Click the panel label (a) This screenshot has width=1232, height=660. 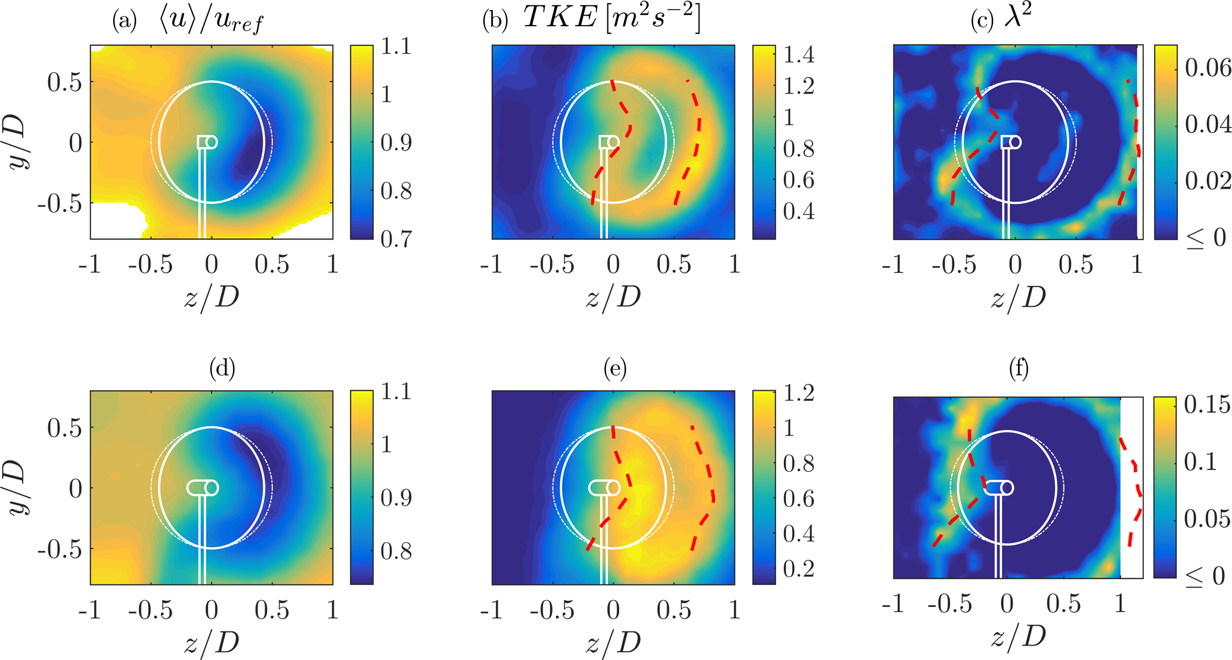(124, 21)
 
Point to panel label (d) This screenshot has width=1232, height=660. (222, 369)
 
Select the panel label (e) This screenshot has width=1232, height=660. (615, 369)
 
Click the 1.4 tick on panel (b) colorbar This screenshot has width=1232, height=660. (799, 55)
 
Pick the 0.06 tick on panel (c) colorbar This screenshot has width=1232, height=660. (1208, 68)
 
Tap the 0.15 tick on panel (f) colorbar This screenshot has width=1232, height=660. (1206, 404)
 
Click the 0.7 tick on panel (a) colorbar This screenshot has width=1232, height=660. (396, 238)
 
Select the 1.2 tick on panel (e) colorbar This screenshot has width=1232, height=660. (799, 393)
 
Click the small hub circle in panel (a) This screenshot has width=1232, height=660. (211, 142)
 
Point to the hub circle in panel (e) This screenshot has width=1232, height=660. (613, 488)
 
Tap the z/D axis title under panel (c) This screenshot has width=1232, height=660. (1018, 297)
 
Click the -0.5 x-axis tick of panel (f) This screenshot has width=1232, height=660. (950, 604)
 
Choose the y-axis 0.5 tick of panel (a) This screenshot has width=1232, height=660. (64, 82)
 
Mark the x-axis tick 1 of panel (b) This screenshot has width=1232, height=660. (734, 264)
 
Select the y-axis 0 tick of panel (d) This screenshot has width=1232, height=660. (76, 488)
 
